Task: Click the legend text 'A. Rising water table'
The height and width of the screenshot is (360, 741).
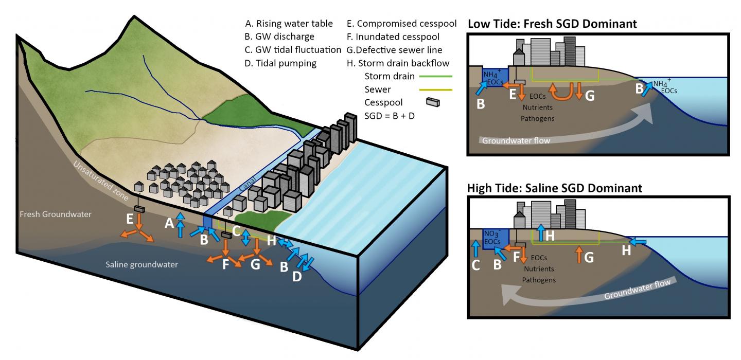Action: [289, 24]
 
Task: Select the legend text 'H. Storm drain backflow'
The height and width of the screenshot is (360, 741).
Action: [398, 63]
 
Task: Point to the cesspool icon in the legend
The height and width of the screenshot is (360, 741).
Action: [433, 103]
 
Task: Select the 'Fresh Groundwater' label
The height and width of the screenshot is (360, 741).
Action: [54, 214]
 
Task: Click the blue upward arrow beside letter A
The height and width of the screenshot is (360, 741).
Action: [180, 225]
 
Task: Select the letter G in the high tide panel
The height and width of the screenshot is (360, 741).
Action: [589, 257]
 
